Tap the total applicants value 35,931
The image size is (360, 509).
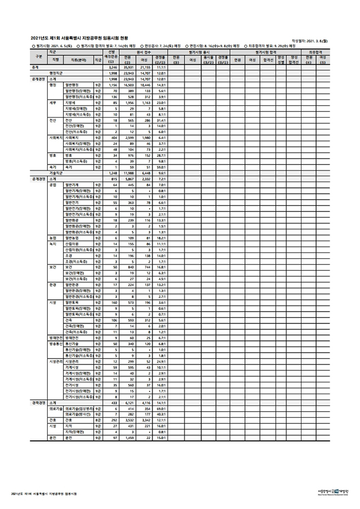click(x=128, y=67)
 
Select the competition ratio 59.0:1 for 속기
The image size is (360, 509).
click(x=160, y=167)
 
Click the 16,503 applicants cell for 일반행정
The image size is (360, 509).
click(x=128, y=84)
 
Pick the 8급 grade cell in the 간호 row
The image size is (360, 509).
click(x=98, y=419)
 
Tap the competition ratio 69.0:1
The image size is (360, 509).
click(x=160, y=409)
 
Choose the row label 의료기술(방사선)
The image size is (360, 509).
click(x=79, y=414)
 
